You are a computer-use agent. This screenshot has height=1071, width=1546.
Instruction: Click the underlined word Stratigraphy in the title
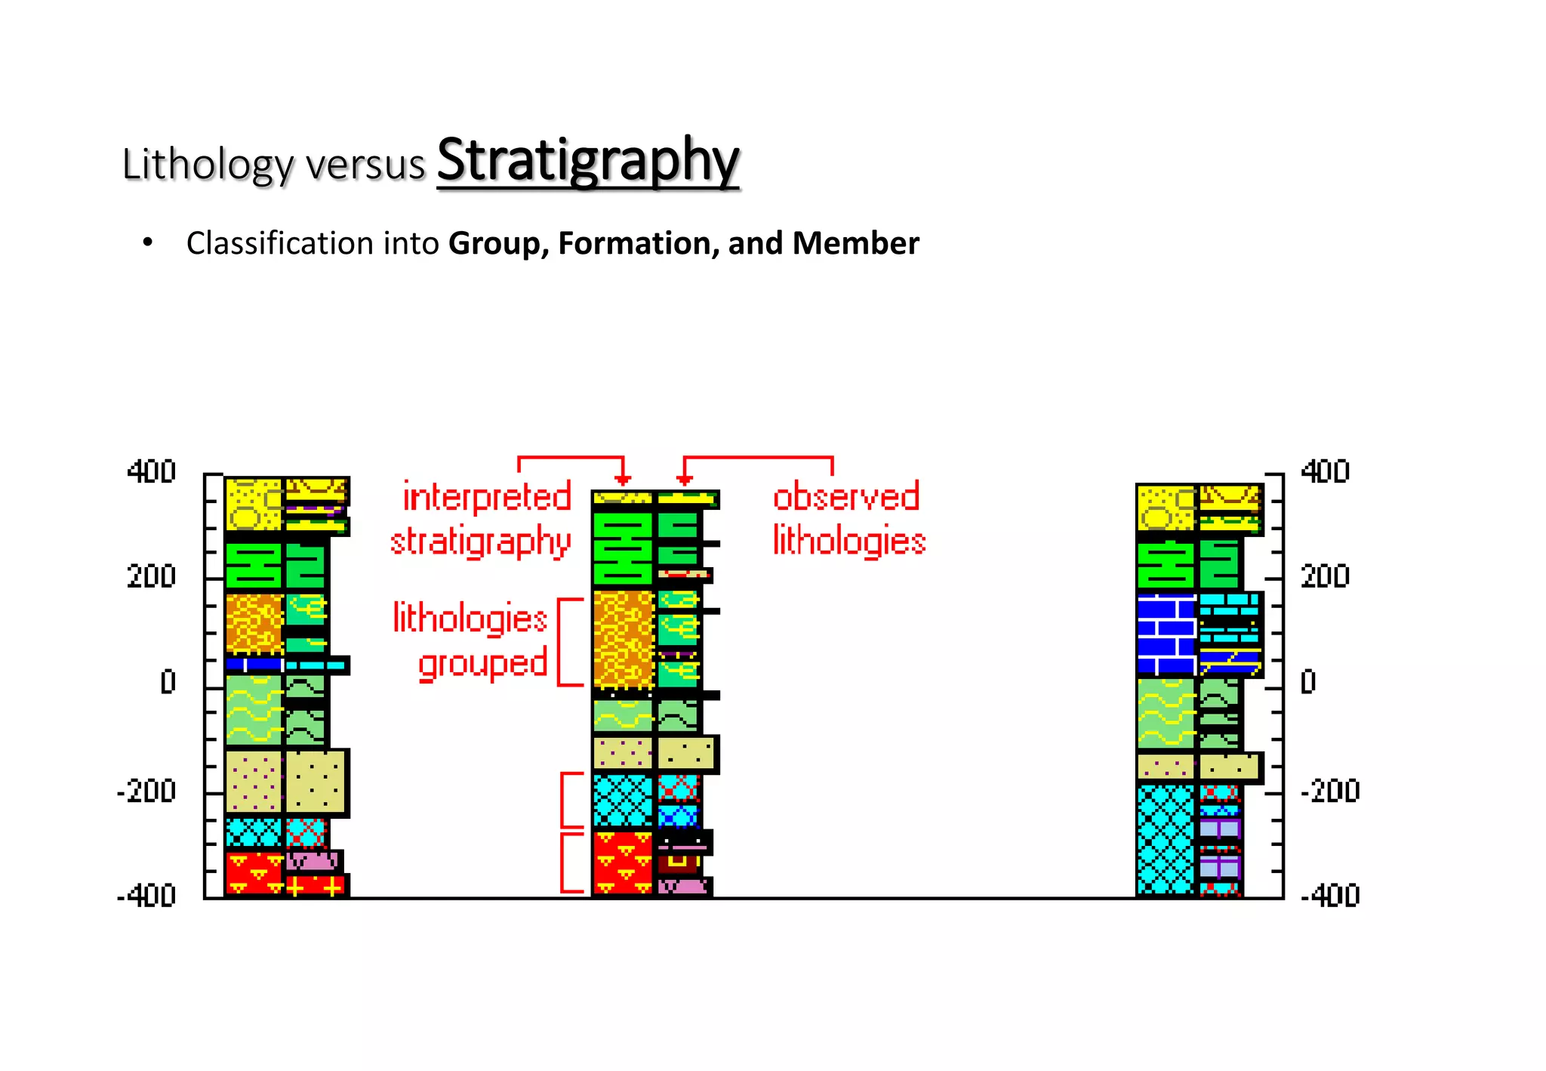tap(588, 161)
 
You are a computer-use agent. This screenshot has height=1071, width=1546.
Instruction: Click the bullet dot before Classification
tap(148, 242)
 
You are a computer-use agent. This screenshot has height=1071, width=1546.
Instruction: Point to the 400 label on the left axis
tap(151, 471)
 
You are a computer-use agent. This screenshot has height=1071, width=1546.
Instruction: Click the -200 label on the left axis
tap(146, 792)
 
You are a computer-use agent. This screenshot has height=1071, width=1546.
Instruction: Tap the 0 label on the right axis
tap(1308, 682)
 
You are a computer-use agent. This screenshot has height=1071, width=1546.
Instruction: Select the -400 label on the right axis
tap(1330, 896)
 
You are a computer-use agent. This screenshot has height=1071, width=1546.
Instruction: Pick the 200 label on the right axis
tap(1325, 577)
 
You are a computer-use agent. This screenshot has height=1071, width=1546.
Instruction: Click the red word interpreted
tap(487, 497)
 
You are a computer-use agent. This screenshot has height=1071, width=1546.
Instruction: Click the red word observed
tap(846, 497)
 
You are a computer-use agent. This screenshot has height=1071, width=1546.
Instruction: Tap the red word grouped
tap(483, 664)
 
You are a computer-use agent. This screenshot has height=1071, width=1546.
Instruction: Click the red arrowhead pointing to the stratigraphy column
tap(623, 480)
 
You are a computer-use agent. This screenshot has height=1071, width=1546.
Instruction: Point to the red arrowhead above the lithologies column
tap(684, 480)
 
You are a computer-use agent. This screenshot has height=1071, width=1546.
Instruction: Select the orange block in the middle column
tap(623, 639)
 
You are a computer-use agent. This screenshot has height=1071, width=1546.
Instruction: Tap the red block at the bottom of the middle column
tap(622, 862)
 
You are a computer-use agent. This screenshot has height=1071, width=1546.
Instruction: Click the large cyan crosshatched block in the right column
tap(1166, 839)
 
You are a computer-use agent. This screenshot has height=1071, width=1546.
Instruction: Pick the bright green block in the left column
tap(254, 565)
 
